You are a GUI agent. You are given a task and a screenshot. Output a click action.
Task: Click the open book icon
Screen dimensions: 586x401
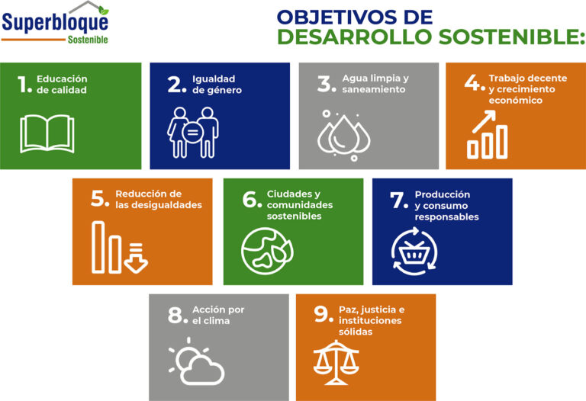[47, 133]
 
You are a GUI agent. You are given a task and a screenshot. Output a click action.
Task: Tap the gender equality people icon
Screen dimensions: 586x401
[193, 133]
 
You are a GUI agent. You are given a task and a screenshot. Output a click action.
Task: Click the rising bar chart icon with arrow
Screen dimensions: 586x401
[488, 134]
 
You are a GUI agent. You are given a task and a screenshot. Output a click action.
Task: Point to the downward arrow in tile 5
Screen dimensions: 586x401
[136, 258]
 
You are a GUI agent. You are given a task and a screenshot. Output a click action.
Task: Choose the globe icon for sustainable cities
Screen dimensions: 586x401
[267, 251]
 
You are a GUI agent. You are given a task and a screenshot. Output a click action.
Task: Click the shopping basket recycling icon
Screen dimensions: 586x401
[414, 252]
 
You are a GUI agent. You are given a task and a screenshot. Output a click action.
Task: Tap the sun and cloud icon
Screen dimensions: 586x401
[196, 361]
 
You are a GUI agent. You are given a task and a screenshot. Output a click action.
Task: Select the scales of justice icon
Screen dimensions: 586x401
[336, 362]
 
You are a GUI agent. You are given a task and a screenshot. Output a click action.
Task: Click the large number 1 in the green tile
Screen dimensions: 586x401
[23, 84]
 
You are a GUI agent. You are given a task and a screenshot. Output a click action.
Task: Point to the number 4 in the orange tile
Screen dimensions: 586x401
[472, 82]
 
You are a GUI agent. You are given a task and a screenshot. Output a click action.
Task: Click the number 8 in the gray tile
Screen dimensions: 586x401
[175, 315]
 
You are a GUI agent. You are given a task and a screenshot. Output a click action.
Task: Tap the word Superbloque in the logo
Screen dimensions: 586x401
[55, 22]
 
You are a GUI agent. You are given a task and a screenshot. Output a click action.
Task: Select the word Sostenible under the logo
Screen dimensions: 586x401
[88, 40]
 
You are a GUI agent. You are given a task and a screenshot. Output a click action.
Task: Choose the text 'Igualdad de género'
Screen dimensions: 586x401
[217, 85]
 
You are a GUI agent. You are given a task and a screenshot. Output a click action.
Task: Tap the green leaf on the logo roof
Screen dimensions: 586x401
[104, 11]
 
